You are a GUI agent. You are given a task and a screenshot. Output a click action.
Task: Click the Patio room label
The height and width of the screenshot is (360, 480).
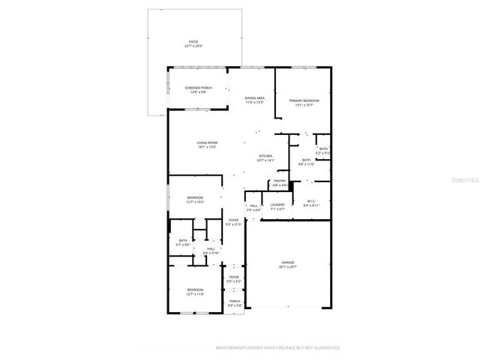point(193,42)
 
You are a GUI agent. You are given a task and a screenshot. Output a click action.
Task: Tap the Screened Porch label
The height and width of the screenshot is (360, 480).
point(199,88)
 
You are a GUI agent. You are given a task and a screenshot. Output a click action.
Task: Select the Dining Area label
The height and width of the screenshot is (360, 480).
point(255,97)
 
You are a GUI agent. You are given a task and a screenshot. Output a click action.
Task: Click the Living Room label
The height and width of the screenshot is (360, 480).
point(207,142)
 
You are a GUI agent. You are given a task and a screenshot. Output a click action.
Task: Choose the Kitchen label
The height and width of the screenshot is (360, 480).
point(266,156)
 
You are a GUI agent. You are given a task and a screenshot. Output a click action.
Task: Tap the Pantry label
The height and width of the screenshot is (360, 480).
point(280,181)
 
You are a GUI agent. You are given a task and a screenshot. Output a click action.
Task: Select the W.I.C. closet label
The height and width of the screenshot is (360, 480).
point(312,201)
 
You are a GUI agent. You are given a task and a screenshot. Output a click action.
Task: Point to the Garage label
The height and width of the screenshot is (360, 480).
point(288,262)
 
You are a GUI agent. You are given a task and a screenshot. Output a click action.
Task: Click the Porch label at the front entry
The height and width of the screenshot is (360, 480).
point(235,301)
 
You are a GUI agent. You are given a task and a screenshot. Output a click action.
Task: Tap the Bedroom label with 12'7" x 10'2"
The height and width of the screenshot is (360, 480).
point(195,197)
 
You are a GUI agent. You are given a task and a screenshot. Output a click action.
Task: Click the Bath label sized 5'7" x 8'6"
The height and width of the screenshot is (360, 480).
point(183,240)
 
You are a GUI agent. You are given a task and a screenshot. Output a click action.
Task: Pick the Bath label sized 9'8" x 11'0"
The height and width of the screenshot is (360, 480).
point(307,160)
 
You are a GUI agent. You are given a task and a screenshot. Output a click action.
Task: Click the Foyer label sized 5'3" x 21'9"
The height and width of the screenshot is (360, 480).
point(233,220)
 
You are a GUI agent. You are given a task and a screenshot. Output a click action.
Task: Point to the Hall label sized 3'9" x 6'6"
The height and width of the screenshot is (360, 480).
point(253,205)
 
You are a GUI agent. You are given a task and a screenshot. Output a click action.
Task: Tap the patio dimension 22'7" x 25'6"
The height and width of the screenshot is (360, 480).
point(193,46)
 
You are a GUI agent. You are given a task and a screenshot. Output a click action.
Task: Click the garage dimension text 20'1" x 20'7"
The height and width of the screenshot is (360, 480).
point(288,267)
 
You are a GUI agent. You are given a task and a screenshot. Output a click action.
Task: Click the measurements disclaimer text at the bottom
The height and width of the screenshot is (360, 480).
point(277,348)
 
